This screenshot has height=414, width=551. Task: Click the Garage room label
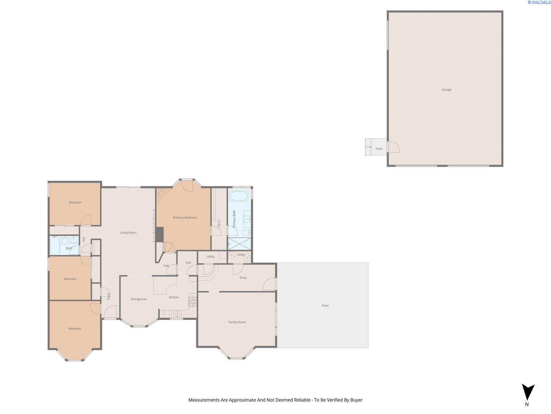click(446, 89)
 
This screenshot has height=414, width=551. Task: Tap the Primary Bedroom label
click(185, 217)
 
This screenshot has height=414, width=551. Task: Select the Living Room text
click(128, 233)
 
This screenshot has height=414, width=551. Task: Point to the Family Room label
click(237, 322)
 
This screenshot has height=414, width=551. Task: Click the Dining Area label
click(139, 299)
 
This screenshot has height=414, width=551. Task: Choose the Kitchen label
click(174, 297)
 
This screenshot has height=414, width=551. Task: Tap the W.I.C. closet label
click(219, 223)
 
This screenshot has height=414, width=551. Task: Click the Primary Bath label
click(234, 219)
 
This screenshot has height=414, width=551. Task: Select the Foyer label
click(108, 296)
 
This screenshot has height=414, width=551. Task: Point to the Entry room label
click(243, 277)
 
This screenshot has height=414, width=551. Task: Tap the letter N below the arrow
click(527, 404)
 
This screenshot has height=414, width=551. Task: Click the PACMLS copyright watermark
click(539, 2)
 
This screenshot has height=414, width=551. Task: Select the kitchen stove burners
click(193, 302)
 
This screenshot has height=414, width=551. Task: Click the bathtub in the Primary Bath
click(239, 196)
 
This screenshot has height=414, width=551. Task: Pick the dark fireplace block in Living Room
click(159, 235)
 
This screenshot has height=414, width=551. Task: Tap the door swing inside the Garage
click(394, 147)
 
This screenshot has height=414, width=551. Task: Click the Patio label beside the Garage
click(379, 149)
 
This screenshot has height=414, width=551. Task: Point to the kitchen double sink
click(177, 314)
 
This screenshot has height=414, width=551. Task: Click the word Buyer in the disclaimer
click(356, 400)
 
